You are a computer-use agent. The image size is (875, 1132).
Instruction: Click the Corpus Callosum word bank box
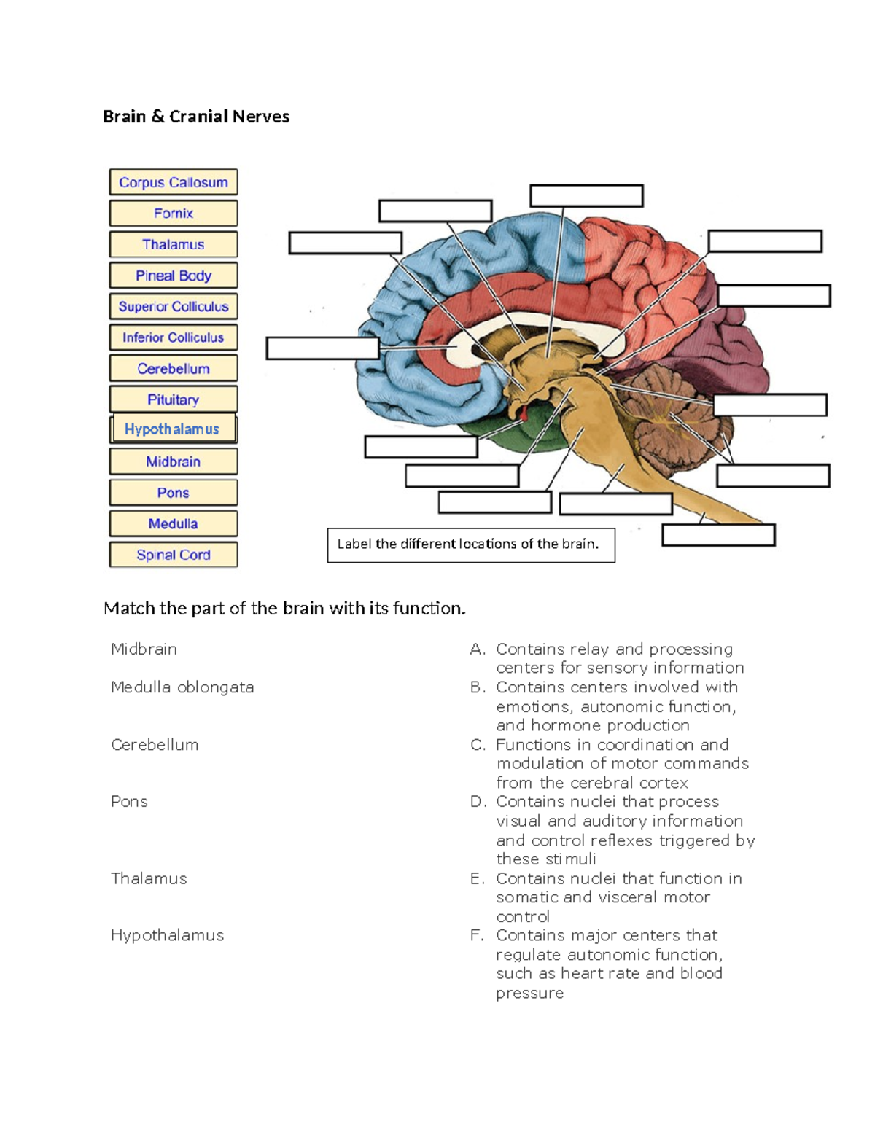click(x=173, y=182)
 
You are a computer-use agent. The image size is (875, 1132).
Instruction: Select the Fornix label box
click(x=173, y=214)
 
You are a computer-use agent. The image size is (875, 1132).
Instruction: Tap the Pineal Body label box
click(x=173, y=276)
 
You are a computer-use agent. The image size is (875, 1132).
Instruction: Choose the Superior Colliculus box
click(x=173, y=307)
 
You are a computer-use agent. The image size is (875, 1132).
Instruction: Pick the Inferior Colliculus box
click(x=173, y=337)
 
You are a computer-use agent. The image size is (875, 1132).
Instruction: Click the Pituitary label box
click(x=173, y=399)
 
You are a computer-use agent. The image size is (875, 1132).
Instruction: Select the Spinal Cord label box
click(x=173, y=555)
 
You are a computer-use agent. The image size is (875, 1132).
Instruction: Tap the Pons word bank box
click(x=173, y=493)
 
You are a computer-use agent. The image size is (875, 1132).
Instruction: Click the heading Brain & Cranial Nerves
click(x=196, y=117)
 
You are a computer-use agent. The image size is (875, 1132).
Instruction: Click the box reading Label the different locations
click(x=470, y=544)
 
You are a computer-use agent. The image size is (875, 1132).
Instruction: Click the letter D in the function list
click(x=478, y=802)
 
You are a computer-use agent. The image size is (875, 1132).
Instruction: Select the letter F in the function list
click(x=477, y=935)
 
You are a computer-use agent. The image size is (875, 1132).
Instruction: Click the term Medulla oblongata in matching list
click(x=182, y=687)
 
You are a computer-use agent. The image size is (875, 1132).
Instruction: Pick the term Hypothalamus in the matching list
click(x=167, y=935)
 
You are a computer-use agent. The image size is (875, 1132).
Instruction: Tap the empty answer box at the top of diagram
click(x=586, y=196)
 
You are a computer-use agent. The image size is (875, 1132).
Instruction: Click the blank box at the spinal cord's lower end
click(x=718, y=535)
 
